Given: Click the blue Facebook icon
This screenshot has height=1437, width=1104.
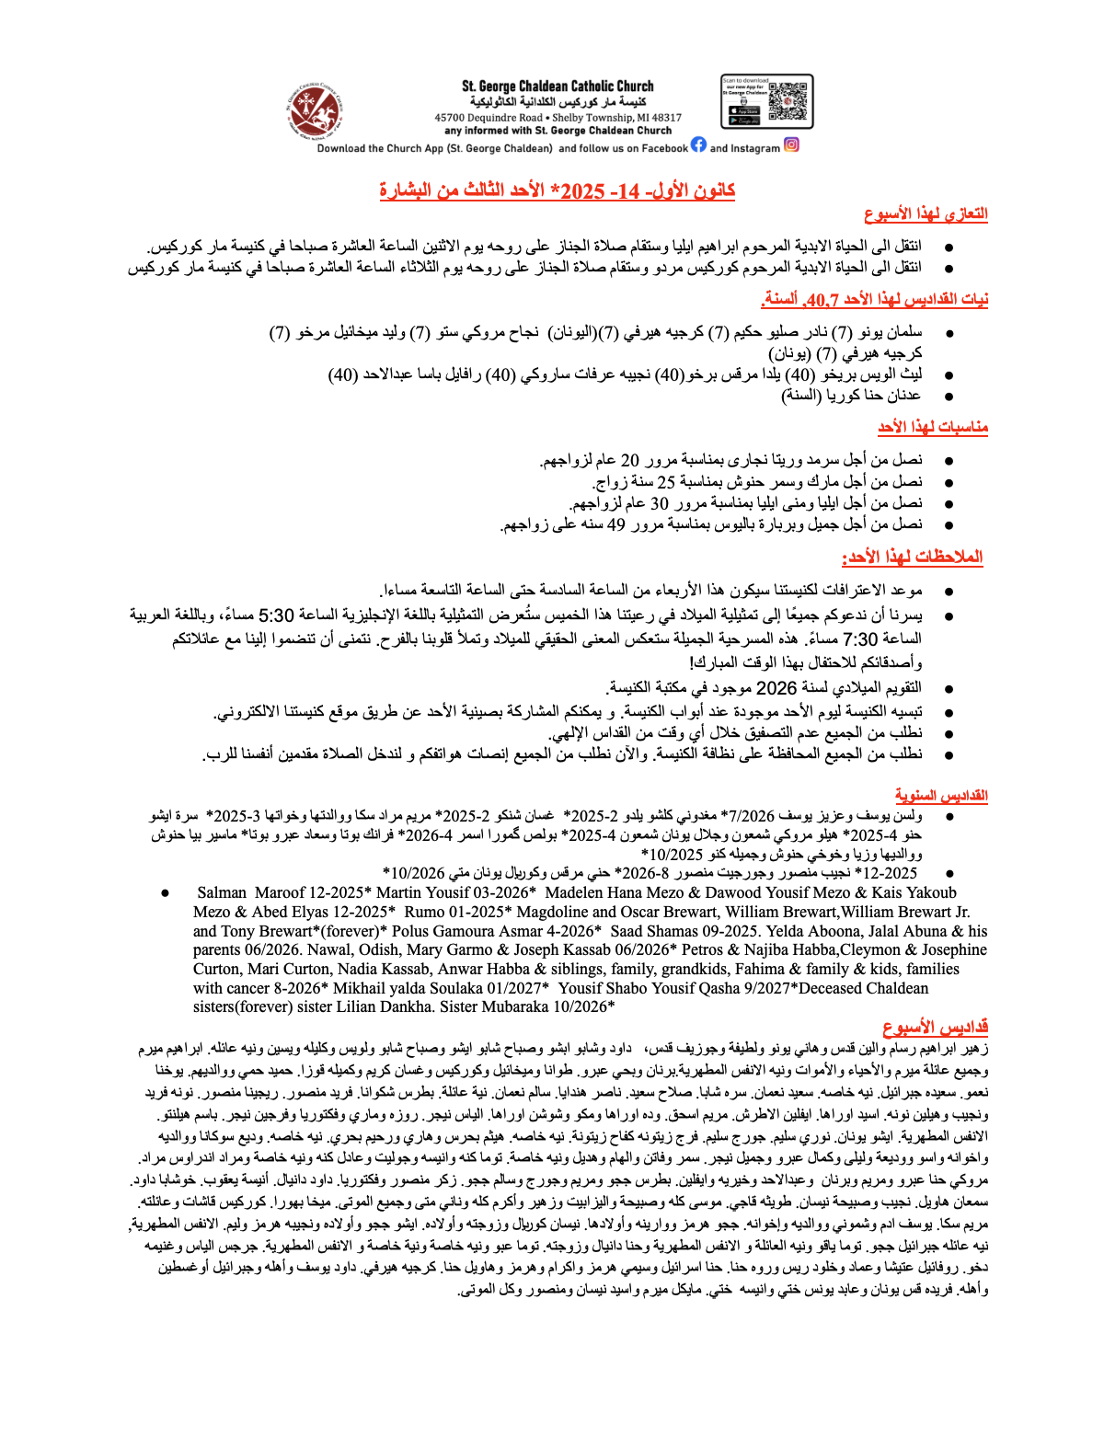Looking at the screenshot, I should pos(699,144).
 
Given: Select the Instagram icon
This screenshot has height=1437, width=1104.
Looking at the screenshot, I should pos(791,144).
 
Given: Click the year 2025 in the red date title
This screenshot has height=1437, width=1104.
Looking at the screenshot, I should pos(582,191).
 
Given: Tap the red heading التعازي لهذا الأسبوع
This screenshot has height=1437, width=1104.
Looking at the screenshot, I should pos(926,214).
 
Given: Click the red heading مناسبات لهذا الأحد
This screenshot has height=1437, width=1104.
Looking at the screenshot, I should pos(932,428).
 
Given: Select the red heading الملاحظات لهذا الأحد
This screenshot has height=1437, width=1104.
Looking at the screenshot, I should pos(912,558).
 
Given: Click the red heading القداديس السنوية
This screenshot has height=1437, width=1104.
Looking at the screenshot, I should pos(941,796).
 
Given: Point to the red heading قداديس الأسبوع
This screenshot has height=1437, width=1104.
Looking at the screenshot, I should pos(935,1027).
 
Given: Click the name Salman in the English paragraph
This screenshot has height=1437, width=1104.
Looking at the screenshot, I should pos(222,892).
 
